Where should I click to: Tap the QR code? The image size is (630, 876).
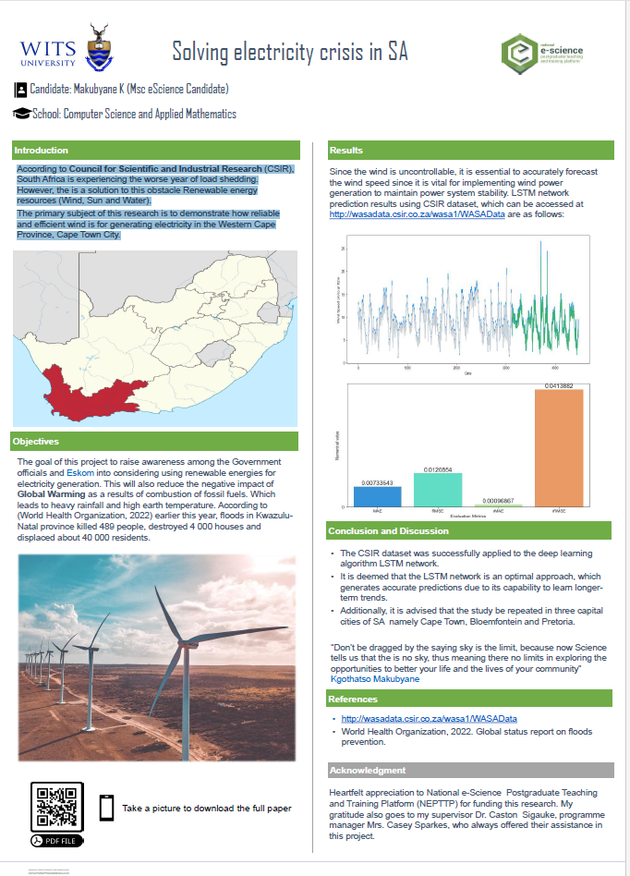[57, 806]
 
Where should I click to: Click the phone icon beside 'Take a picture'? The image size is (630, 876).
[106, 808]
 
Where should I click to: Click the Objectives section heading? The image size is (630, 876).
[37, 441]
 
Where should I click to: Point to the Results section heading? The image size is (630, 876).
[346, 151]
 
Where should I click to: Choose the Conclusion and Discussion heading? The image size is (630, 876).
[388, 531]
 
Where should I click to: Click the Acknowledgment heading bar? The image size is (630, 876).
[367, 771]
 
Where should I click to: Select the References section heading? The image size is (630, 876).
[353, 700]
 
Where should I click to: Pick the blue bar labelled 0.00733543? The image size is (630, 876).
[377, 496]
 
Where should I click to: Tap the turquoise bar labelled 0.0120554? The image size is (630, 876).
[437, 490]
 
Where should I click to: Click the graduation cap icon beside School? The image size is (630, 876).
[20, 114]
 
